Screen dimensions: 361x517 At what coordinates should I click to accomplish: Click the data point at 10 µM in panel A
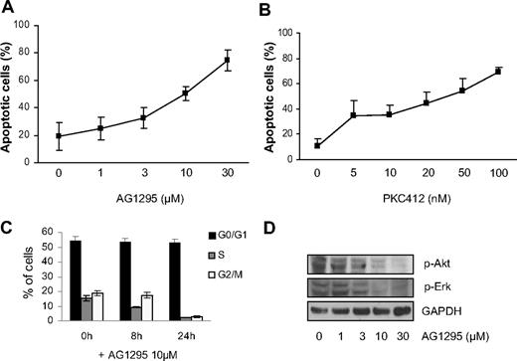pyautogui.click(x=185, y=94)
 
